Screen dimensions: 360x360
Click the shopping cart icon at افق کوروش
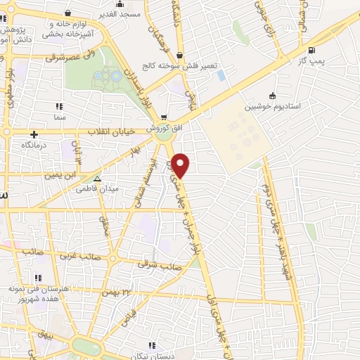[x=164, y=117]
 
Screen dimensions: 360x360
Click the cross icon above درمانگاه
[x=33, y=134]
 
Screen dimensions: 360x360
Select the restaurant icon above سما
[x=58, y=106]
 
